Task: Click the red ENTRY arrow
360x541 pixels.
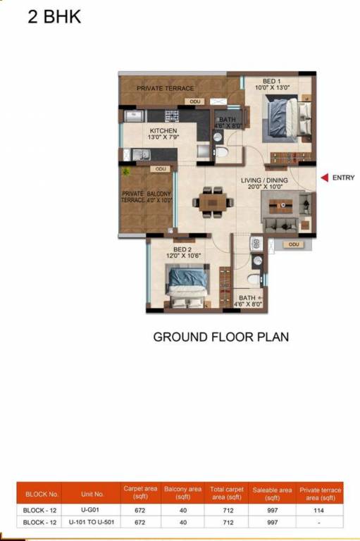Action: [x=325, y=178]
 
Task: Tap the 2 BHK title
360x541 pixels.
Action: [x=54, y=17]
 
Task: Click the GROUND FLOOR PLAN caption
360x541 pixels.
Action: [x=221, y=337]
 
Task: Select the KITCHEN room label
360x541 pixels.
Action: [x=163, y=131]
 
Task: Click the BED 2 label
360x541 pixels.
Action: [x=182, y=249]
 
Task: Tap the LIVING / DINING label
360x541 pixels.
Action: [x=264, y=180]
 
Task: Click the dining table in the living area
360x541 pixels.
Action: [x=213, y=202]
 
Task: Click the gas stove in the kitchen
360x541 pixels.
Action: [x=171, y=116]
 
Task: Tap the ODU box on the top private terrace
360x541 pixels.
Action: [x=195, y=101]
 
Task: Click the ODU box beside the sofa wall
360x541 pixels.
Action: [x=293, y=244]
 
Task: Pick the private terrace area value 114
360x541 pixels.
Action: [x=318, y=510]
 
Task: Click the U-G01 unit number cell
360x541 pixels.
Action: [x=90, y=509]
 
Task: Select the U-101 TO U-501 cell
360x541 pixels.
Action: [x=92, y=522]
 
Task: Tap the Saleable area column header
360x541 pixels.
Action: [x=272, y=493]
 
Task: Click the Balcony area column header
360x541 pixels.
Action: [x=182, y=492]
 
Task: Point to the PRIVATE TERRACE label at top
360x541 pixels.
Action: [x=165, y=88]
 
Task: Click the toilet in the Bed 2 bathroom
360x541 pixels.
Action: [x=254, y=279]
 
